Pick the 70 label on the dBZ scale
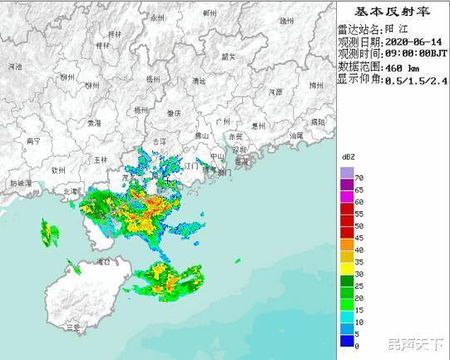pyautogui.click(x=359, y=178)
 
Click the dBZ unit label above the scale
pyautogui.click(x=348, y=157)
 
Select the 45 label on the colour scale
pyautogui.click(x=359, y=237)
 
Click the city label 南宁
pyautogui.click(x=34, y=141)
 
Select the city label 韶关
pyautogui.click(x=229, y=57)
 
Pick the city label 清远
pyautogui.click(x=198, y=81)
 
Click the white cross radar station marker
pyautogui.click(x=168, y=180)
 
